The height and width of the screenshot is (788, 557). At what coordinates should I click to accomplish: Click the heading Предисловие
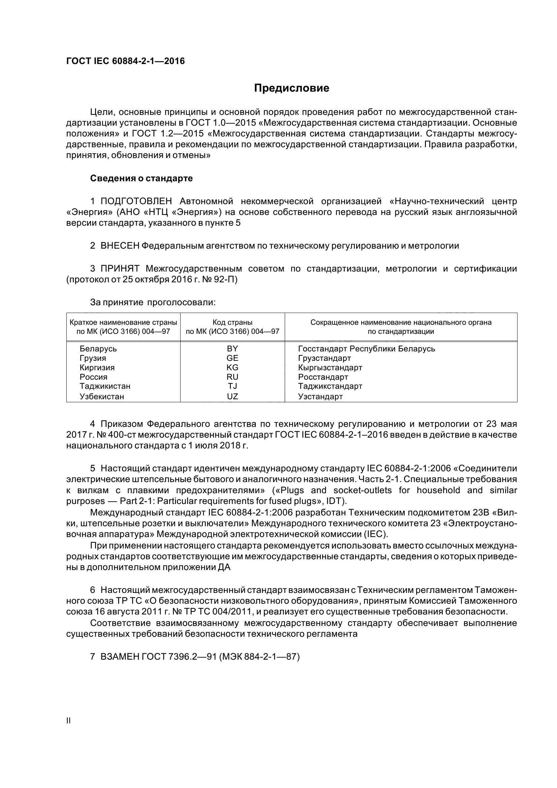291,88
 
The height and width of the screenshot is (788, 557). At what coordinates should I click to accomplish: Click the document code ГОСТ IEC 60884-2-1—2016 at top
125,61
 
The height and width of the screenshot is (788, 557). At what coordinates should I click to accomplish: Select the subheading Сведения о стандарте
141,179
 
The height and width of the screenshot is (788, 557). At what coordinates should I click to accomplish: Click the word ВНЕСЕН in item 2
120,246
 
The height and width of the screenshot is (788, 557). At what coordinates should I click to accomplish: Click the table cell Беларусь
98,349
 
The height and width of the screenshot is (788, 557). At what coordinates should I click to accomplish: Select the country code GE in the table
233,358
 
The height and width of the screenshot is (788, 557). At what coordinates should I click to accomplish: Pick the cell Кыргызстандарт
330,368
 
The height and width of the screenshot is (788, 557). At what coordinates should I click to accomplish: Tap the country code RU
233,377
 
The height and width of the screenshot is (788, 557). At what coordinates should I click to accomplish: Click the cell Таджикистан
105,386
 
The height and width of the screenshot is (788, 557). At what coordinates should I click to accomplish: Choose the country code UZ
233,397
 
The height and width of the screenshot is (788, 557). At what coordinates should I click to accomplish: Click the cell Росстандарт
323,377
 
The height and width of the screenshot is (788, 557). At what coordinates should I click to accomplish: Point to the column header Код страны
233,322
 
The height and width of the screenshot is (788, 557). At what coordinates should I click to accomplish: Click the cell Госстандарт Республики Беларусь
367,349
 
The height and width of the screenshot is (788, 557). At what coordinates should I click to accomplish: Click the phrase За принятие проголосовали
153,302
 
